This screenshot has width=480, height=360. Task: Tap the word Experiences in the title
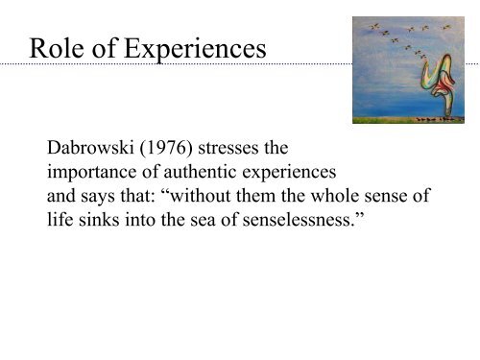(192, 48)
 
